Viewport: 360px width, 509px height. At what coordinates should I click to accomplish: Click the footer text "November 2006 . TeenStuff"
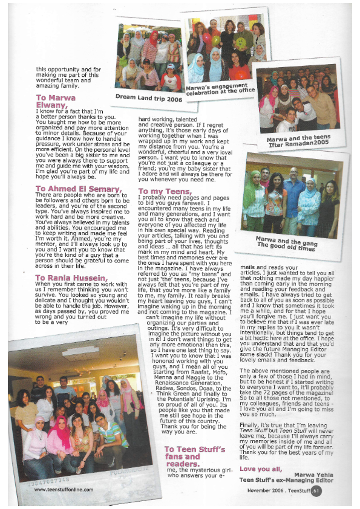click(x=278, y=490)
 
